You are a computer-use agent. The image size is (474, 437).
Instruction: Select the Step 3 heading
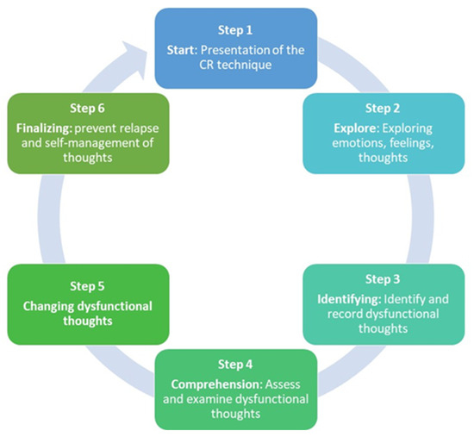click(x=383, y=278)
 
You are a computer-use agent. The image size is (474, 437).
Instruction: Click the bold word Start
click(x=183, y=49)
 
